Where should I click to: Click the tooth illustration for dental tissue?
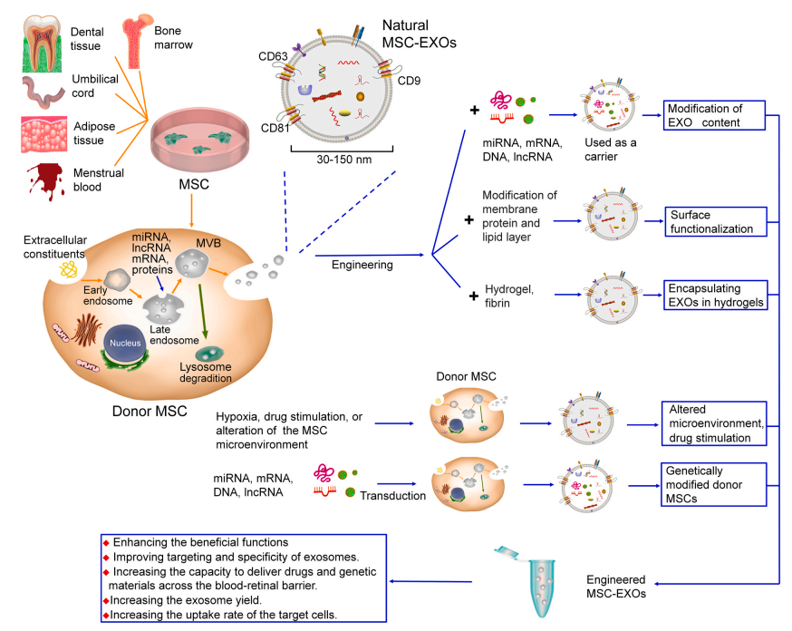coord(39,41)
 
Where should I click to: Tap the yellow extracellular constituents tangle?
coord(67,269)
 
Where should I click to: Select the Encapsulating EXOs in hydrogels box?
coord(714,294)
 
